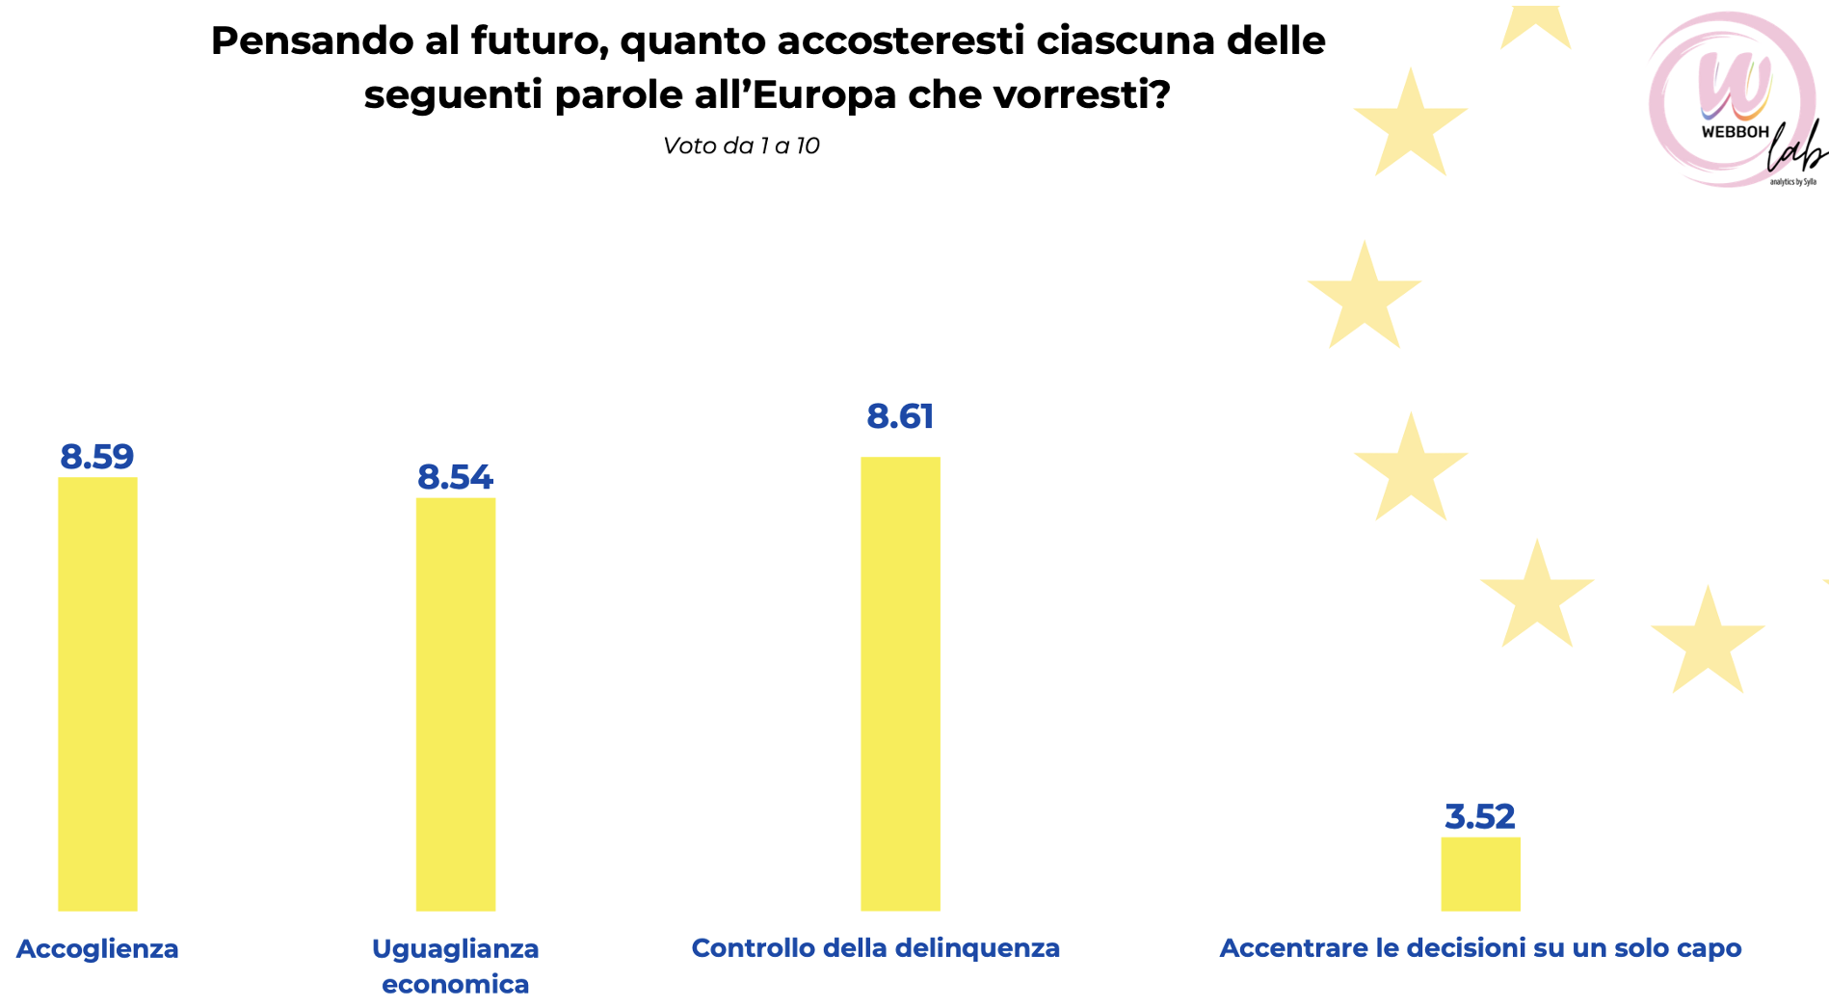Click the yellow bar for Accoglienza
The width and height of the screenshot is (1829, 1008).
click(97, 694)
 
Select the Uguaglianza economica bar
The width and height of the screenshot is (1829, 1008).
click(455, 703)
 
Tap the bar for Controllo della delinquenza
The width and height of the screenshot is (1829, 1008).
click(900, 684)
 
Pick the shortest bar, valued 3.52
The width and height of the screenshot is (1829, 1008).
click(1480, 874)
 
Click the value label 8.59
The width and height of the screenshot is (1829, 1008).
click(97, 457)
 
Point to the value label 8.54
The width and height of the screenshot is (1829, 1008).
click(455, 478)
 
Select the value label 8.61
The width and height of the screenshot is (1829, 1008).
click(900, 416)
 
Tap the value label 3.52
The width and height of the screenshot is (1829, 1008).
click(1480, 817)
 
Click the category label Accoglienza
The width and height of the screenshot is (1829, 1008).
click(97, 949)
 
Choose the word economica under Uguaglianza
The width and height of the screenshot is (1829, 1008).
click(455, 985)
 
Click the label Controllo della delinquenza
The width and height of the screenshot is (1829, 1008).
click(875, 948)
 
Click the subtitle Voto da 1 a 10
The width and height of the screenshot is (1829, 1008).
click(741, 146)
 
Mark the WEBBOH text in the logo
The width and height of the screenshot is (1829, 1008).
click(1735, 132)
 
